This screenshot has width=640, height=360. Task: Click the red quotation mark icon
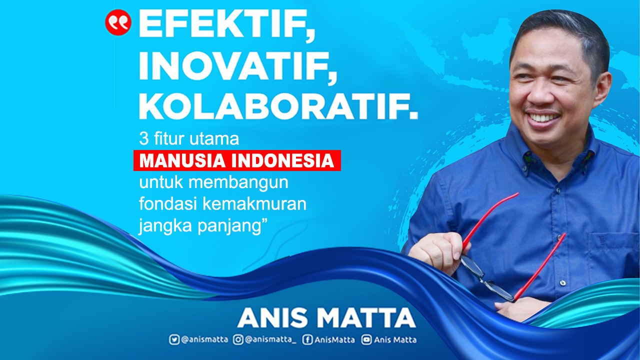118,22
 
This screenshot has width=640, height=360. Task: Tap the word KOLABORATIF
277,106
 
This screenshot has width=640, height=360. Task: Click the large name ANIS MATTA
326,318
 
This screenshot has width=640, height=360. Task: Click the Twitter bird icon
174,340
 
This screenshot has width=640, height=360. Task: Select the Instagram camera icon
238,340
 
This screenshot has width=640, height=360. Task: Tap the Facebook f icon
308,340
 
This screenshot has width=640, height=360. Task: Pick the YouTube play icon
366,340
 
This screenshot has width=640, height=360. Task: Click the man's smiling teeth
544,118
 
